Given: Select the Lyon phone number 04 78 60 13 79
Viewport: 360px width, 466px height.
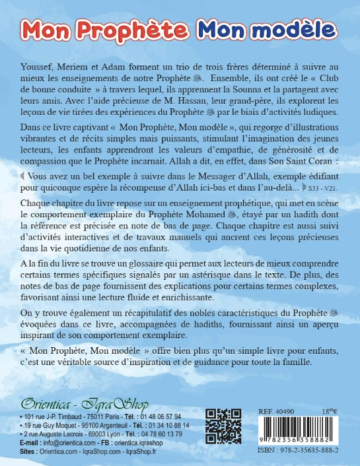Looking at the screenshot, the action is coord(158,435).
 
